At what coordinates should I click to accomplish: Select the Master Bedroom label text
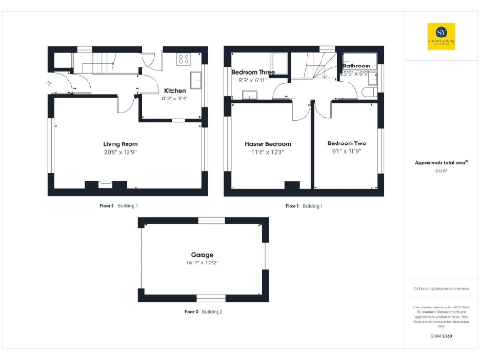[267, 144]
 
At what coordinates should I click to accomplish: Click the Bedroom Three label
[254, 72]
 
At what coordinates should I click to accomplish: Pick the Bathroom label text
[356, 67]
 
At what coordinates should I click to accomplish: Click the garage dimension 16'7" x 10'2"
[202, 264]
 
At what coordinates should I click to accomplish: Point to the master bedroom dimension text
[267, 153]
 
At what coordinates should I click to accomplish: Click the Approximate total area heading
[436, 162]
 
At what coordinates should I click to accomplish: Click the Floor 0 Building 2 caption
[202, 310]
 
